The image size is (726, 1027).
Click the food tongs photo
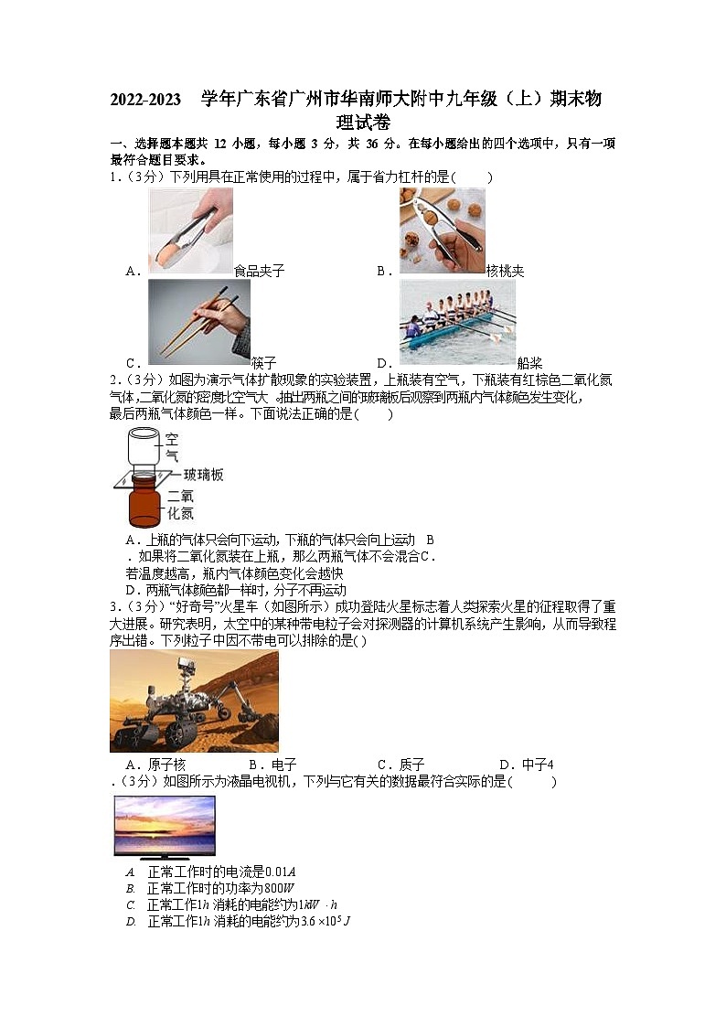point(190,230)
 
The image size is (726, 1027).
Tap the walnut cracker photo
point(443,230)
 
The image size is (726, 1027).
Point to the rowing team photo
point(457,322)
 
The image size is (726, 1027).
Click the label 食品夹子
point(259,271)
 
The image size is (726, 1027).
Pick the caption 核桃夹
point(505,271)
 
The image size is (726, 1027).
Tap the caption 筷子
point(263,362)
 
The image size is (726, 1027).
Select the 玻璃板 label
point(203,475)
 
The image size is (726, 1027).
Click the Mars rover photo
point(194,701)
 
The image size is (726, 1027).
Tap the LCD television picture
point(165,826)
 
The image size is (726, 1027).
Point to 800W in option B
point(278,888)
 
